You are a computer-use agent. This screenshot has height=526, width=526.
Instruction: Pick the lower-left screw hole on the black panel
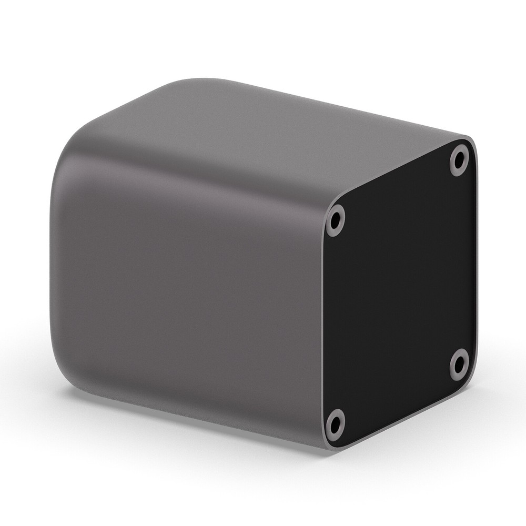click(x=335, y=423)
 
